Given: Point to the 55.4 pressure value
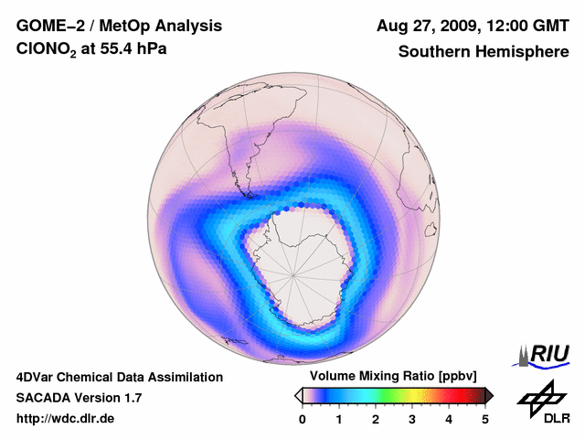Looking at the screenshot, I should pyautogui.click(x=130, y=52).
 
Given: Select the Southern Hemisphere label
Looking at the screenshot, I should pyautogui.click(x=484, y=52).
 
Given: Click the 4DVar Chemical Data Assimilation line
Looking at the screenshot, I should pyautogui.click(x=120, y=377).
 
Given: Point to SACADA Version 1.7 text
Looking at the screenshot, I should pyautogui.click(x=79, y=398).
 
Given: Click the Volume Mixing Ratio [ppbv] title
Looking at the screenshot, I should pyautogui.click(x=389, y=377).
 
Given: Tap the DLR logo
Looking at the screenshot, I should pyautogui.click(x=544, y=402).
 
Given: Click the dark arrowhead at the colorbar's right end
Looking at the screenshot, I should pyautogui.click(x=489, y=395).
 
